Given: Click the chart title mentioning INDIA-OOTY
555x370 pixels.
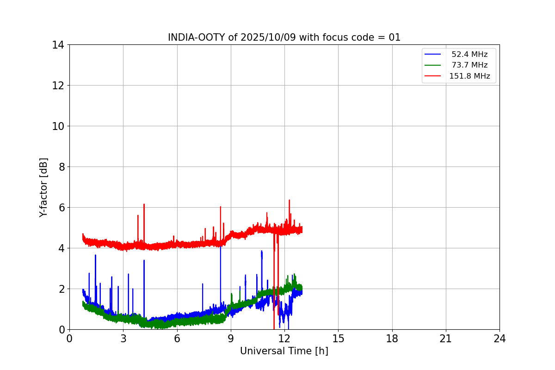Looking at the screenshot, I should [284, 37].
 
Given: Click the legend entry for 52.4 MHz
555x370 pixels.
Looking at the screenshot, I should [469, 55].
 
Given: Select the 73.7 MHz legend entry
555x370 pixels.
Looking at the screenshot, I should [469, 65].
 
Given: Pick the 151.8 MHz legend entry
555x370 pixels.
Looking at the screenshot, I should [469, 76].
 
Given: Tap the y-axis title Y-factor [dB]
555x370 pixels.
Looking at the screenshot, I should [43, 187].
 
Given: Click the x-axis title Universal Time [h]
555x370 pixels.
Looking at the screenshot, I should [284, 351].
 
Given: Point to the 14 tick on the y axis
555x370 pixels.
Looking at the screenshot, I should [58, 45].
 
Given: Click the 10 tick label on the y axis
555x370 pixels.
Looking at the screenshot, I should [58, 126].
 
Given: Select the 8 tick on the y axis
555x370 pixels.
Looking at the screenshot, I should [61, 167].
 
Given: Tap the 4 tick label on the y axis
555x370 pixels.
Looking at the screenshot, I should [61, 248].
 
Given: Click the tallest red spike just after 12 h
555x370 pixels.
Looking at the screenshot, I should [289, 201].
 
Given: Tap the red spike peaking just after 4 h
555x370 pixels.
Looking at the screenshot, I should [144, 204].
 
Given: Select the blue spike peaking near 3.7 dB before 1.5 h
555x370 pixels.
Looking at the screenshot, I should [95, 255].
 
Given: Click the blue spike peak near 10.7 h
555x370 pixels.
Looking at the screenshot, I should [261, 252].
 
